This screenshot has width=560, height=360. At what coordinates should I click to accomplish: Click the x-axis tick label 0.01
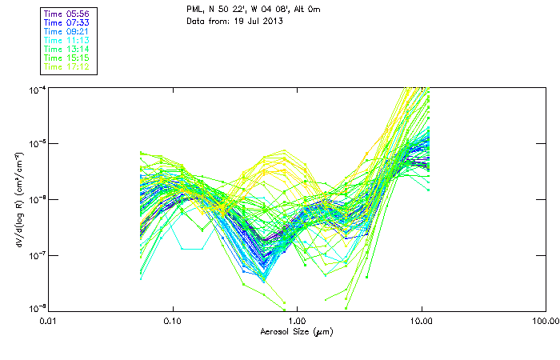point(48,321)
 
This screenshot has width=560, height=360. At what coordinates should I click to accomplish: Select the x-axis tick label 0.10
point(172,321)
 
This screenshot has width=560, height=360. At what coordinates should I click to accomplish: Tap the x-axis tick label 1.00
point(297,321)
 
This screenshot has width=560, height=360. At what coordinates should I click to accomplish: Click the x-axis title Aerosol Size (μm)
point(296,331)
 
